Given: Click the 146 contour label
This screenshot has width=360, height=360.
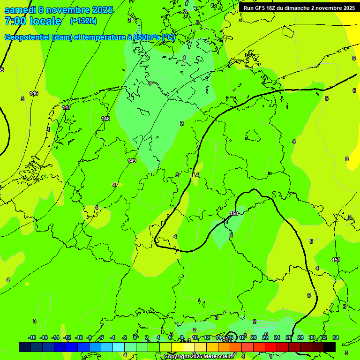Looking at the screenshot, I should tap(34, 93).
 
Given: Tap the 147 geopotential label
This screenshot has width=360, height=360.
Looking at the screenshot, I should tap(67, 107).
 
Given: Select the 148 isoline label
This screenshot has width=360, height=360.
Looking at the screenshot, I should tap(105, 119).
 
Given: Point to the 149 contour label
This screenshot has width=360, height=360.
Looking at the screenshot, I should tap(132, 161).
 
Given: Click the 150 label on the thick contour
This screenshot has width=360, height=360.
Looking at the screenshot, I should tap(234, 213).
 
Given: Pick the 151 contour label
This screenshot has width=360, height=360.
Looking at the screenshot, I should tap(336, 260).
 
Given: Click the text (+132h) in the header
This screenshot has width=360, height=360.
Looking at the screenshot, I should tap(83, 21).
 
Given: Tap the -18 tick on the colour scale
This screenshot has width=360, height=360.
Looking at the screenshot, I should tap(32, 337).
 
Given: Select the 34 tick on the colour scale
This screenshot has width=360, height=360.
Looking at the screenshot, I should tap(336, 337).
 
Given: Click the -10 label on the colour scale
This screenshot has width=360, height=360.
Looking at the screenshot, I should tap(79, 337).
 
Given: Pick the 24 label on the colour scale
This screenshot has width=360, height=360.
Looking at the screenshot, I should tap(277, 337).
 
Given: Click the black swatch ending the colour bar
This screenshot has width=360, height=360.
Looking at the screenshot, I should tap(330, 347).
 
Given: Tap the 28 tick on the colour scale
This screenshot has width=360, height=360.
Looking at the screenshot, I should tap(300, 337).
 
